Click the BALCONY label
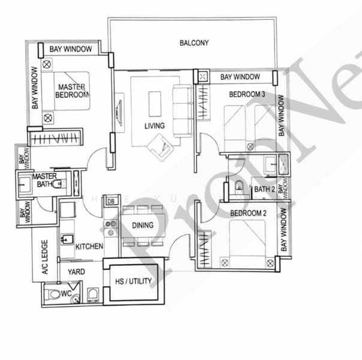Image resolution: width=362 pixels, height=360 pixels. tap(194, 43)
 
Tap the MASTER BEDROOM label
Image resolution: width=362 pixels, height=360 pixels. tap(73, 91)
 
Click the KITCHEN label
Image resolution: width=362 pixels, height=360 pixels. tap(89, 247)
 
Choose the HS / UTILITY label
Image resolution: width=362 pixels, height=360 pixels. tap(133, 281)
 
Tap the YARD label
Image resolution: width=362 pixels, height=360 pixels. tap(76, 271)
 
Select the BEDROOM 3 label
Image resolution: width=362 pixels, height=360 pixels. tap(247, 94)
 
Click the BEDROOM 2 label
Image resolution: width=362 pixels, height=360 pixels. tap(248, 213)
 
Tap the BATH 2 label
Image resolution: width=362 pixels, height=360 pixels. tap(264, 190)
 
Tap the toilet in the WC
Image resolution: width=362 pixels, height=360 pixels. tap(53, 294)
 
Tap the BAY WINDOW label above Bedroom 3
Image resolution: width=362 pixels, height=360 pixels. tap(240, 77)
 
